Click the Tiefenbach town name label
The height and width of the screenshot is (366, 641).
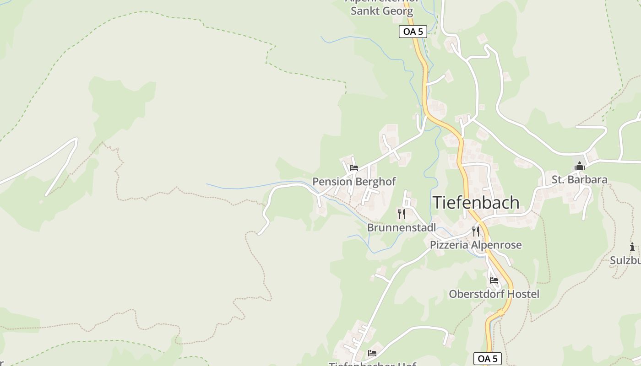pyautogui.click(x=476, y=203)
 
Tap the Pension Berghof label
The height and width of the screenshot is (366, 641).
pyautogui.click(x=354, y=182)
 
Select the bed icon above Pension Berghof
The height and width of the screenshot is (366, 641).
pyautogui.click(x=354, y=168)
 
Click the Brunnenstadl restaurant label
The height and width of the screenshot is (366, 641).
pyautogui.click(x=402, y=227)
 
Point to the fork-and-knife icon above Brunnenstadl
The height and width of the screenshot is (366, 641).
pyautogui.click(x=402, y=214)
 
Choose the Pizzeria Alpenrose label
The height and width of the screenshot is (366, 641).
pyautogui.click(x=476, y=245)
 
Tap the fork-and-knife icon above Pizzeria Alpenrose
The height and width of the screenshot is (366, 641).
pyautogui.click(x=476, y=231)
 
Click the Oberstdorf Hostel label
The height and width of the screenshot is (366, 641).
pyautogui.click(x=494, y=294)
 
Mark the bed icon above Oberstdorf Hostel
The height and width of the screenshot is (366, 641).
pyautogui.click(x=494, y=280)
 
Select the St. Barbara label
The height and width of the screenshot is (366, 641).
pyautogui.click(x=579, y=180)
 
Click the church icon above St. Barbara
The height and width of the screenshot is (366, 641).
pyautogui.click(x=580, y=167)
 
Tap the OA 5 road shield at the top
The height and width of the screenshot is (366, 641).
pyautogui.click(x=413, y=32)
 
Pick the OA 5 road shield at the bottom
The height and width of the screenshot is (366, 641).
pyautogui.click(x=487, y=358)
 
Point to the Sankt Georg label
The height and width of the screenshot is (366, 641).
pyautogui.click(x=381, y=11)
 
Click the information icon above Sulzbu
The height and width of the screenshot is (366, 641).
pyautogui.click(x=632, y=247)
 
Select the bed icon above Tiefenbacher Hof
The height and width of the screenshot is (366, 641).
pyautogui.click(x=372, y=353)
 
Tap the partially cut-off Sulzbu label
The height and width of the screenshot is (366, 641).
pyautogui.click(x=625, y=260)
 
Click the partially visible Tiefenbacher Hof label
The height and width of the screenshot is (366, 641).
pyautogui.click(x=372, y=364)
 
